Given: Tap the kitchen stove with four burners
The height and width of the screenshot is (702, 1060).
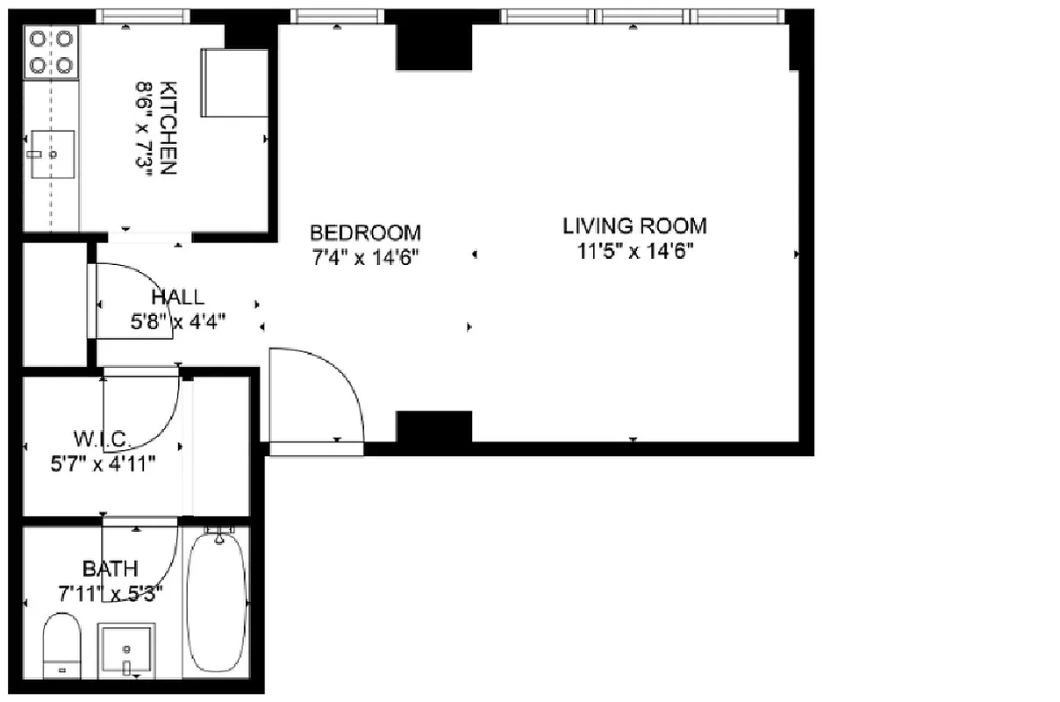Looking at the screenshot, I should [51, 52].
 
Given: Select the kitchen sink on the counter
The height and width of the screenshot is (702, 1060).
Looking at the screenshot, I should [53, 154].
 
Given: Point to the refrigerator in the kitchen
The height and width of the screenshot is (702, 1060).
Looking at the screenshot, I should [234, 82].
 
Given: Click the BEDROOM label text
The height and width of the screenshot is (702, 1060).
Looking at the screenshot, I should [365, 233].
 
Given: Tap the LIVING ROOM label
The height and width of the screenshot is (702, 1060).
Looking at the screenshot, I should [634, 226].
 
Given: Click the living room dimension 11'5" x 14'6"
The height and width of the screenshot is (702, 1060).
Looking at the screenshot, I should [634, 251].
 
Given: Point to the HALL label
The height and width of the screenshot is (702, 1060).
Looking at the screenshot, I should [177, 297].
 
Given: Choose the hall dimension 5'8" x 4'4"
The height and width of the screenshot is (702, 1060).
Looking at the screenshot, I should [178, 321].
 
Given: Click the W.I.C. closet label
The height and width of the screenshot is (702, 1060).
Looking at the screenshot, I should [103, 438].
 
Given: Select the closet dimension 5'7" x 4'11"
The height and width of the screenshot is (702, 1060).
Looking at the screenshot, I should [103, 462].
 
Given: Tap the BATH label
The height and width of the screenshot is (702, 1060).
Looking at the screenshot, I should [110, 568].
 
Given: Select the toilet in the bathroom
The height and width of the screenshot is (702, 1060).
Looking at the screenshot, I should [61, 646].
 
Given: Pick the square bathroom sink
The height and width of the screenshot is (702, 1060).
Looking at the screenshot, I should [127, 650].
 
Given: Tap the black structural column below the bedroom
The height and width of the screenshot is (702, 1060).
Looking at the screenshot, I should [434, 426].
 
